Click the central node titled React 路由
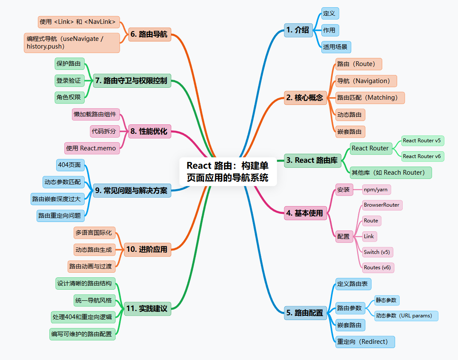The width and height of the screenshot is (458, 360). coord(228,172)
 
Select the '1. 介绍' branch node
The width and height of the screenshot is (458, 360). coord(298,30)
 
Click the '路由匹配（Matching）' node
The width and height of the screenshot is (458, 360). coord(369,98)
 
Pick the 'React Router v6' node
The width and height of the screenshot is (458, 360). coord(422,156)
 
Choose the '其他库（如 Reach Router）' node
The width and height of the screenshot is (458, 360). coord(390,173)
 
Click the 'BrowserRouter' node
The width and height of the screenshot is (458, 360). coord(382,205)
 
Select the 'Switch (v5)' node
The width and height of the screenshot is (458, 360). coord(377,252)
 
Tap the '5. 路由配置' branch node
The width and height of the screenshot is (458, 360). coord(305,313)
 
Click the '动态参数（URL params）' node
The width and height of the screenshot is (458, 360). coord(406,316)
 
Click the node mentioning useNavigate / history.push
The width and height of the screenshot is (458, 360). coord(72,43)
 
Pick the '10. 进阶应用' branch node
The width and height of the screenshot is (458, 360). coord(147,250)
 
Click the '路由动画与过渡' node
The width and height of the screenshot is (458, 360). coord(92,266)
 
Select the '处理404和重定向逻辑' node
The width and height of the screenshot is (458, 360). coord(83,317)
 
